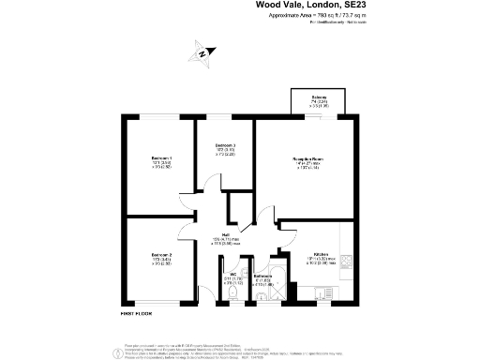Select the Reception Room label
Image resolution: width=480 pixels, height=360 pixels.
click(307, 160)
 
